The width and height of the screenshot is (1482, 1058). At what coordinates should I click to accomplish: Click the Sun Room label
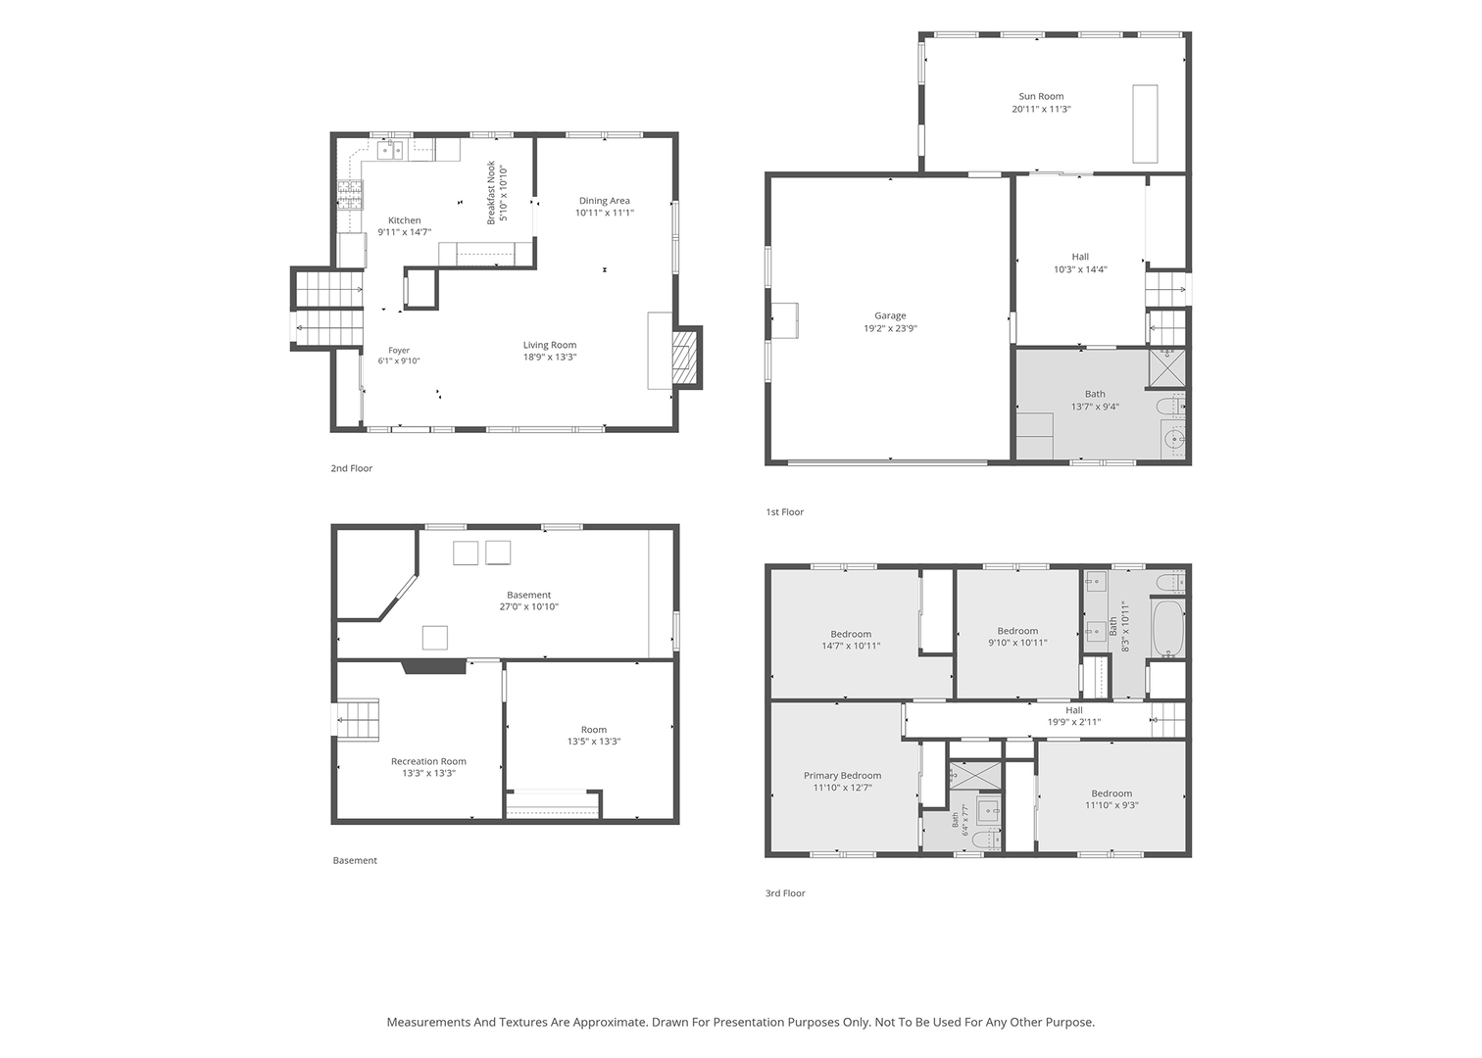click(x=1041, y=97)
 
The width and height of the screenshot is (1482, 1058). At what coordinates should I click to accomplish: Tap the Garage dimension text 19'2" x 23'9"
click(x=890, y=328)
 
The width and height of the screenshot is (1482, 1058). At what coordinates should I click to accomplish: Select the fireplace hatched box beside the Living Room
click(x=685, y=359)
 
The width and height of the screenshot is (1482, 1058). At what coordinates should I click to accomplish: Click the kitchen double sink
click(x=390, y=150)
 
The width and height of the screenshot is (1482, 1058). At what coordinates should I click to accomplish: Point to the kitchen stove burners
click(x=350, y=195)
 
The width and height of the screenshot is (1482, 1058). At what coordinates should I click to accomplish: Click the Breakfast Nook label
click(x=491, y=192)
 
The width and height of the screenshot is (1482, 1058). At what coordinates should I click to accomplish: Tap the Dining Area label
click(x=604, y=201)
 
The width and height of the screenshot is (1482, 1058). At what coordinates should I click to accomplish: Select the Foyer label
click(x=399, y=351)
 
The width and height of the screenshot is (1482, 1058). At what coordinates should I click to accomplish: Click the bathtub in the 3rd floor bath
click(x=1167, y=628)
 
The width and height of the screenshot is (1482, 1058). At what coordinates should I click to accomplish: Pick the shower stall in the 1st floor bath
click(x=1167, y=367)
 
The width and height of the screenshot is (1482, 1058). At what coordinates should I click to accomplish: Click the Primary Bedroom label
click(x=842, y=776)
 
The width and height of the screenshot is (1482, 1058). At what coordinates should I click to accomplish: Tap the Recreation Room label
click(x=428, y=761)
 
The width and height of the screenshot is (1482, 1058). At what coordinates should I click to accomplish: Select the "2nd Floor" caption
click(x=351, y=468)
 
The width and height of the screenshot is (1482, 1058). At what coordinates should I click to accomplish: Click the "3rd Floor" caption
click(x=785, y=893)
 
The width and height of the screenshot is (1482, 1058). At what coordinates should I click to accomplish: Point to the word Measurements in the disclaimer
click(x=428, y=1023)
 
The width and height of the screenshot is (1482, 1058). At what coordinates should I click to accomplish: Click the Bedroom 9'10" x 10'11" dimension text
click(x=1017, y=642)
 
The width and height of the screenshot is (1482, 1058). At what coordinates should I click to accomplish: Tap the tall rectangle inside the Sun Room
click(x=1145, y=123)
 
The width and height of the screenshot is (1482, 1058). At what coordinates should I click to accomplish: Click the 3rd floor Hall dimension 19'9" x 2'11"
click(x=1074, y=722)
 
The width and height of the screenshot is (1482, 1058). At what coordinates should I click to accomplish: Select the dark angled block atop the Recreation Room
click(x=434, y=666)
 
